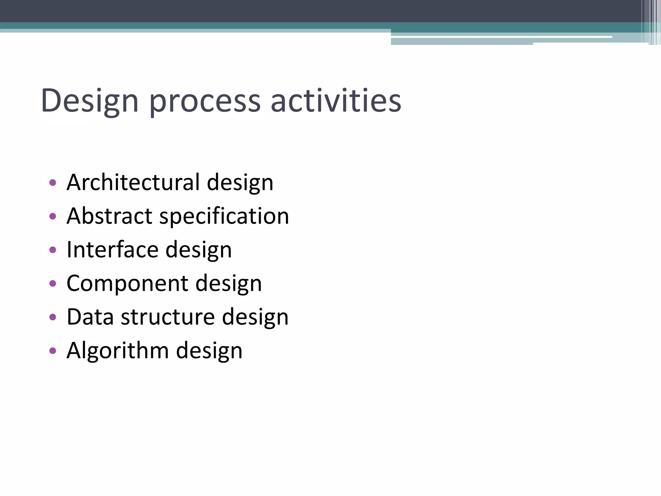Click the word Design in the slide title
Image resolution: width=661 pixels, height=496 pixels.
[90, 101]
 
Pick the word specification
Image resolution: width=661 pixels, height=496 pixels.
[224, 216]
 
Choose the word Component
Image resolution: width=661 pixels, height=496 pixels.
[127, 284]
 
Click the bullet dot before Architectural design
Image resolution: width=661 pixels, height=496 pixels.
[53, 183]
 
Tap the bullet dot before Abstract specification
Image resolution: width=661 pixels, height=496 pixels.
[53, 216]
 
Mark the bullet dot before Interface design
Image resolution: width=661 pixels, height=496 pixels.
[53, 250]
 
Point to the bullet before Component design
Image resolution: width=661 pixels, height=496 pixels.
[53, 284]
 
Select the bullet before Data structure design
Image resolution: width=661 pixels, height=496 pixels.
[53, 317]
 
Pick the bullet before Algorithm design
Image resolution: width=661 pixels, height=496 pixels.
[53, 351]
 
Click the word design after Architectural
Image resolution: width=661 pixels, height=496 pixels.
[240, 183]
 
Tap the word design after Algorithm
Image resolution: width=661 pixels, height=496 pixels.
[209, 351]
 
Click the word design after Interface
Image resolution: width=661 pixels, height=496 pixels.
[198, 250]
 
